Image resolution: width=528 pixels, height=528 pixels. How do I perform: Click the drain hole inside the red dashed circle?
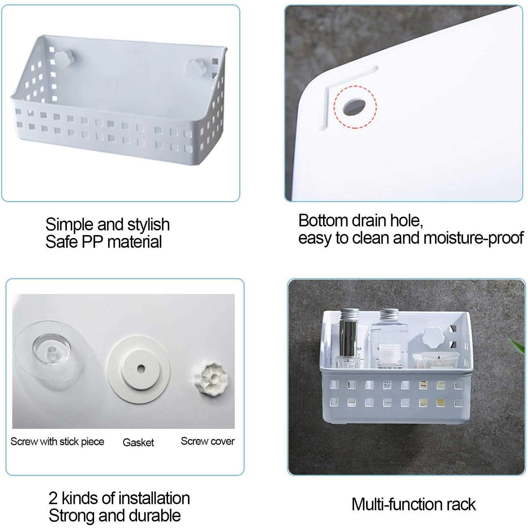[x=354, y=107]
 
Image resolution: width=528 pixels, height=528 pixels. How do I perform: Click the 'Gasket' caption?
[x=138, y=442]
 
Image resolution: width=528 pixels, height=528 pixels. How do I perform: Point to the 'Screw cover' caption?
[x=208, y=441]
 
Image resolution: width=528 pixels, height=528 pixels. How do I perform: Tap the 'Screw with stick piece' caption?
[x=57, y=442]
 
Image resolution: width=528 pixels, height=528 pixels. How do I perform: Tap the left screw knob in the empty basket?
[x=65, y=58]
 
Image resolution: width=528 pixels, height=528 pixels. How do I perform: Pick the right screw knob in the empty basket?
[x=195, y=69]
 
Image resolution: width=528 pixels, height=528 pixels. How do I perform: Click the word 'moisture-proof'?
[x=474, y=238]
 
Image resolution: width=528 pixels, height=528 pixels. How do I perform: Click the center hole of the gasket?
[x=141, y=369]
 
